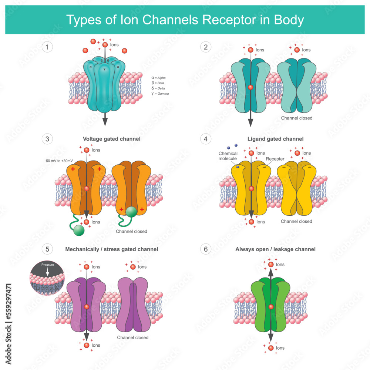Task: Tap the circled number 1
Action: click(47, 47)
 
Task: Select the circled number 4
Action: click(206, 139)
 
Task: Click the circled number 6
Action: click(206, 249)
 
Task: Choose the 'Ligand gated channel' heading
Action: click(275, 139)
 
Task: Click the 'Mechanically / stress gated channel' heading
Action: click(111, 249)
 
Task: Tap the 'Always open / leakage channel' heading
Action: click(275, 249)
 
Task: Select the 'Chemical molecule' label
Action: click(228, 156)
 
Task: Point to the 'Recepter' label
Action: click(275, 159)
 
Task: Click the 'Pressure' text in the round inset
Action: click(47, 265)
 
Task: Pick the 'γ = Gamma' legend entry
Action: click(160, 94)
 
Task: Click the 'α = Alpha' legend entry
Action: click(159, 78)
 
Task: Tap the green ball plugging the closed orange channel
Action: click(131, 211)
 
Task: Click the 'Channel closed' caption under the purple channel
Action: click(132, 337)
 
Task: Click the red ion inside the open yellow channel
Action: click(251, 189)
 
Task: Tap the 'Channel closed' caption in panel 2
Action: click(296, 118)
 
